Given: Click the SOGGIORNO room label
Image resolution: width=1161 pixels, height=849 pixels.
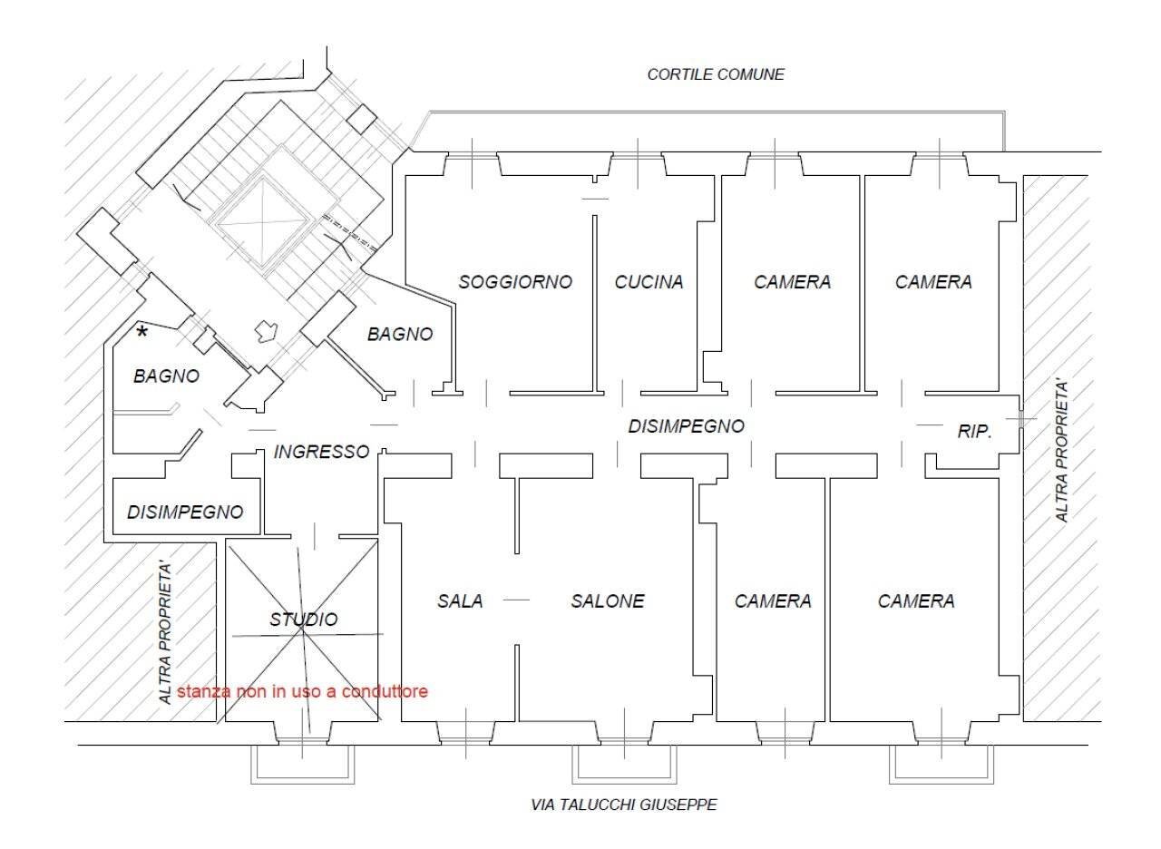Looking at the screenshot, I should coord(515,282).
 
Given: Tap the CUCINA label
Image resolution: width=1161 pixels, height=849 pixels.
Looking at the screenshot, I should coord(649,282).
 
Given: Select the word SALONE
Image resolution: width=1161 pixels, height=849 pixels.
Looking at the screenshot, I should coord(608,600).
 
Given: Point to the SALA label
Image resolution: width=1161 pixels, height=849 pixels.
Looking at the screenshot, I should coord(460,600).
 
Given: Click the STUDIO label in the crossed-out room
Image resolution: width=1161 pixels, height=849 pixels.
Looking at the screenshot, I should coord(303,620).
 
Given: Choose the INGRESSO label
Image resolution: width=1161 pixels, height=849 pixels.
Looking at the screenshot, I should coord(321,451).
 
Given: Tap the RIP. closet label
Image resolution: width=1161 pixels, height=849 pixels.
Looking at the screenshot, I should coord(975,433).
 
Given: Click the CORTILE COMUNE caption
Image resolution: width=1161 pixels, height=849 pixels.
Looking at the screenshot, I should coord(716,74).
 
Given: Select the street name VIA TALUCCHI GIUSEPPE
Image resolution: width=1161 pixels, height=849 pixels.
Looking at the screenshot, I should coord(624,805).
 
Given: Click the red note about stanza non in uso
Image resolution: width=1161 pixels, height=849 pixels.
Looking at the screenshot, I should coord(302,691).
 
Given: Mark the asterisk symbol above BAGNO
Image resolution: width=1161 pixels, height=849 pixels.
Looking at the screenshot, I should coord(141,334).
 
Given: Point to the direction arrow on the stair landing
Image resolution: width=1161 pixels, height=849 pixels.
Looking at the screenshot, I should coord(267,331).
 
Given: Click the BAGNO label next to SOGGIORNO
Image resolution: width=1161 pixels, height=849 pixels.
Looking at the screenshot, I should coord(400,334).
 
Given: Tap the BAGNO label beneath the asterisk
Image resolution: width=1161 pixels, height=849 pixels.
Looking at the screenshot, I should coord(166,376).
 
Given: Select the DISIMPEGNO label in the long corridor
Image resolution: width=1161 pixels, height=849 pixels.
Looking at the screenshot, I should coord(686,425).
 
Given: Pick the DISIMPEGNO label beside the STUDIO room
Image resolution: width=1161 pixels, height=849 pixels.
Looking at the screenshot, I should coord(185,512).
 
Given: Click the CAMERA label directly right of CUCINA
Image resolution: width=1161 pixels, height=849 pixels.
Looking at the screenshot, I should coord(792,282).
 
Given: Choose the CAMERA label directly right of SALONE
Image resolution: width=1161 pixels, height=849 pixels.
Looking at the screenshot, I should coord(773,600).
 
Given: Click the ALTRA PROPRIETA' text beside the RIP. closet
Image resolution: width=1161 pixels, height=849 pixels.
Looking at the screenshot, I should coord(1062,452).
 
